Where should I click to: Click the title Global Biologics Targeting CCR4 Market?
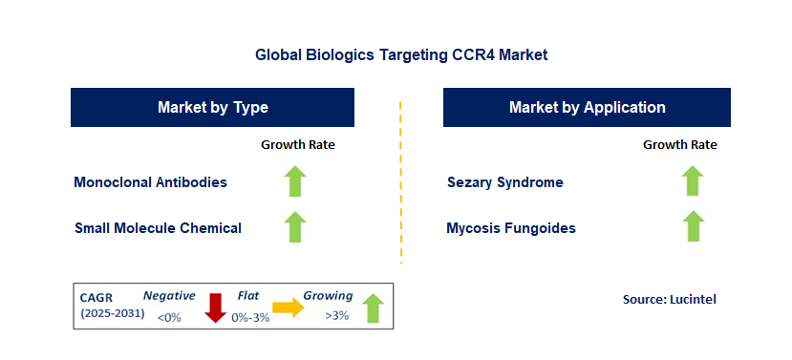coord(401,54)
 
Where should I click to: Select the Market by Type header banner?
coord(212,107)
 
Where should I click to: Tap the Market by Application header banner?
coord(587,107)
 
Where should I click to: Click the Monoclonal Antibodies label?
coord(151,181)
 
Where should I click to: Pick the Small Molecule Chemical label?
coord(158,228)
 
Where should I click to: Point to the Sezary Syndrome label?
coord(505,181)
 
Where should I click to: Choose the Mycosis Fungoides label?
coord(511,228)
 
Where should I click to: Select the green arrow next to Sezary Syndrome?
coord(693,180)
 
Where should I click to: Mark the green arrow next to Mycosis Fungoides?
coord(693,226)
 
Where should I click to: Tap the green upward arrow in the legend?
coord(373,307)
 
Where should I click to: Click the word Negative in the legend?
coord(170,296)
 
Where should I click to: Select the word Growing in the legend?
coord(328,296)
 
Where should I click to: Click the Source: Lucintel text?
coord(669,300)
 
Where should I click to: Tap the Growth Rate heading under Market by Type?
coord(298,145)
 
